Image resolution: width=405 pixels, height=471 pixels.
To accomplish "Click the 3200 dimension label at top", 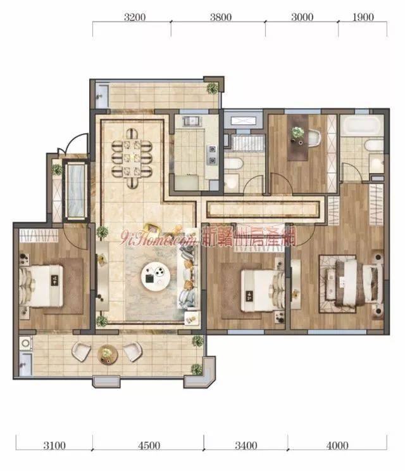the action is click(135, 17).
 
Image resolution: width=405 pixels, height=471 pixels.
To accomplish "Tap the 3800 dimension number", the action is click(221, 17).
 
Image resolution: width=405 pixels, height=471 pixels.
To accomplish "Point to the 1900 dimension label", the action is click(363, 17).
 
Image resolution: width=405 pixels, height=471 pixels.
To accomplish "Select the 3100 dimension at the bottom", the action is click(54, 445).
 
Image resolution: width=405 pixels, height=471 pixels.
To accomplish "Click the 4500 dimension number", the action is click(149, 445).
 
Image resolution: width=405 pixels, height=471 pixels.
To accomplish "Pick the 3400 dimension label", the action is click(246, 445).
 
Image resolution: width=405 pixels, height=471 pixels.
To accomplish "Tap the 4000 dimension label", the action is click(337, 445).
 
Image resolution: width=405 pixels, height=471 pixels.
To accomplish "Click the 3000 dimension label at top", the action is click(302, 17).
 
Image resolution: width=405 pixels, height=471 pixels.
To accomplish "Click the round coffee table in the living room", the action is click(156, 276).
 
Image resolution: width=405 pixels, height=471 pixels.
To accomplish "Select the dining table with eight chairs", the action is click(132, 158).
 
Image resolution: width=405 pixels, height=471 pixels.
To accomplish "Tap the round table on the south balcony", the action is click(108, 355).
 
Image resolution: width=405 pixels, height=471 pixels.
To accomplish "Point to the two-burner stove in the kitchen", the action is click(212, 155).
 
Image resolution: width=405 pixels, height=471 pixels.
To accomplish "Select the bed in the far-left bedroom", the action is click(41, 286).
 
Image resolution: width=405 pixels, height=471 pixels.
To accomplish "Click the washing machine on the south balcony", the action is click(26, 343).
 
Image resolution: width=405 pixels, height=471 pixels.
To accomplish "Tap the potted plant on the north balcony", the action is click(212, 88).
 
